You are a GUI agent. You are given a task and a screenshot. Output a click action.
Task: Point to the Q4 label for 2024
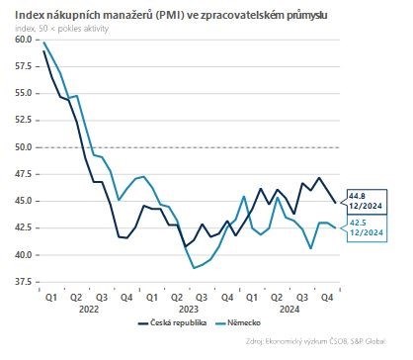[324, 295]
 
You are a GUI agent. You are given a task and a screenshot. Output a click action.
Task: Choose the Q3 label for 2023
[202, 295]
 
